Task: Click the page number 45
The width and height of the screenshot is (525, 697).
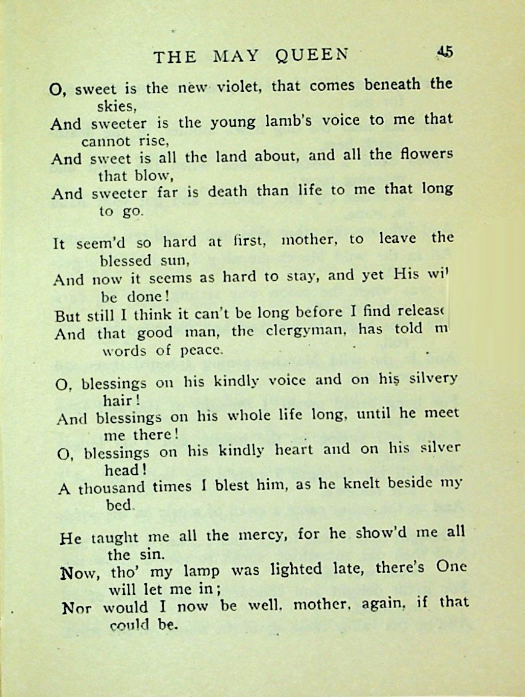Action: [445, 53]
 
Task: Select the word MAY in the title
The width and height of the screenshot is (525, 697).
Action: [236, 57]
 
